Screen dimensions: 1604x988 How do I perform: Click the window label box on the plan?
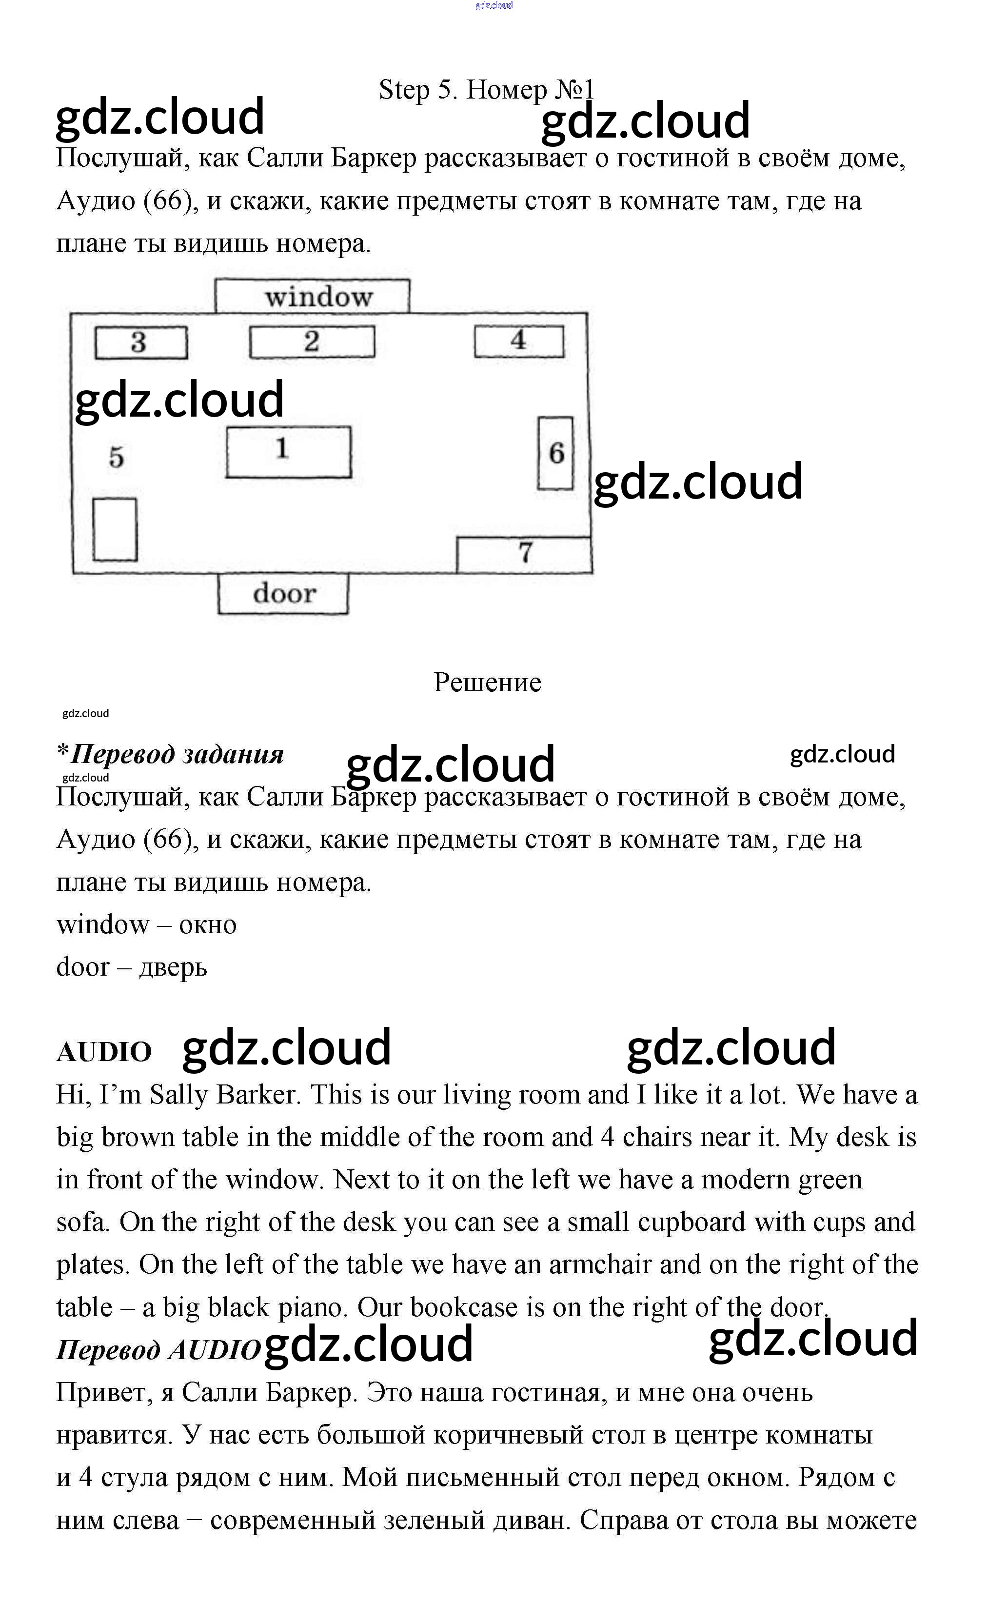[x=312, y=297]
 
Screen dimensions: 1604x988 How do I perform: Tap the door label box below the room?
[x=283, y=594]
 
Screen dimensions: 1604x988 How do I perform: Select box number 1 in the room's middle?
[x=288, y=452]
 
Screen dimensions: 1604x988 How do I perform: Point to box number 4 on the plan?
[x=519, y=341]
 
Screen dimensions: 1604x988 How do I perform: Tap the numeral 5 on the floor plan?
[x=117, y=457]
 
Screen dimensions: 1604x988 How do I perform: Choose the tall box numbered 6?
[x=555, y=453]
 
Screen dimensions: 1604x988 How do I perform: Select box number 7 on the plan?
[x=524, y=554]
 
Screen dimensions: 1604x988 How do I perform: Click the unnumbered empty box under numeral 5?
[x=114, y=529]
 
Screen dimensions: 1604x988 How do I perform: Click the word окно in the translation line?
[x=208, y=925]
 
